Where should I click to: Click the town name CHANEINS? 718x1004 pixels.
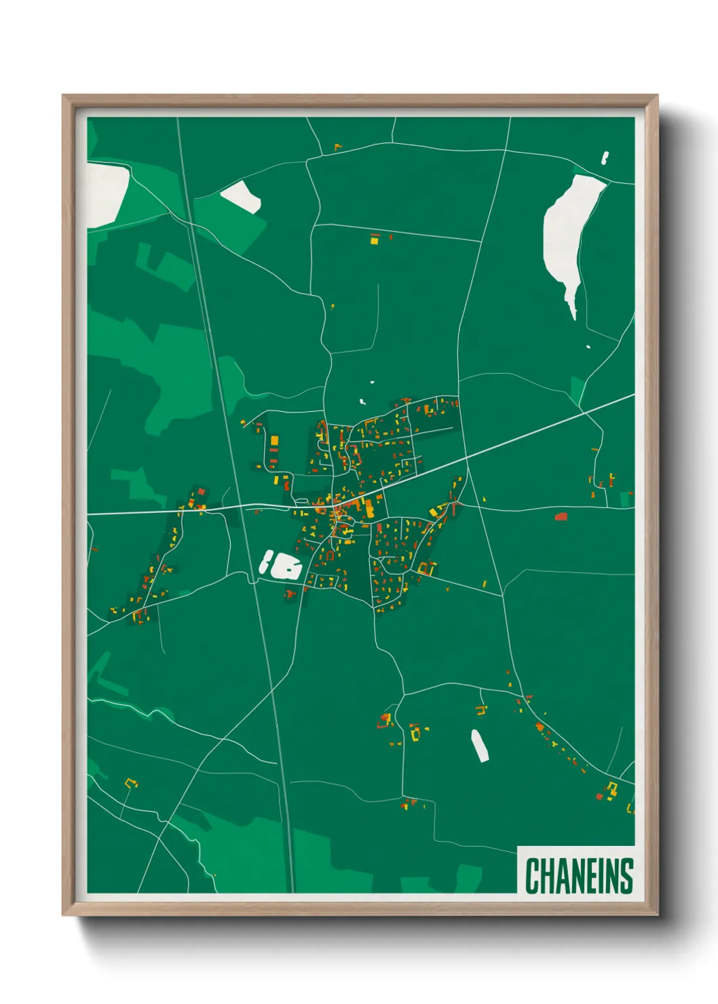579,876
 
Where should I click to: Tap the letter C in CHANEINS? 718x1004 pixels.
531,876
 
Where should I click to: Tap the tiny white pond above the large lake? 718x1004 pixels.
605,157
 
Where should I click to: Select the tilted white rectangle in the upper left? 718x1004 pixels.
241,196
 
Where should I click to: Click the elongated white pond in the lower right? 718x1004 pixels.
480,746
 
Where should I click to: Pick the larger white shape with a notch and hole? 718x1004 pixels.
289,566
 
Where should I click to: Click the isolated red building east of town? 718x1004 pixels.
561,517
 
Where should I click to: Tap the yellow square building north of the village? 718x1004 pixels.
374,239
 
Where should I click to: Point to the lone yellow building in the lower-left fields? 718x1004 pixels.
130,784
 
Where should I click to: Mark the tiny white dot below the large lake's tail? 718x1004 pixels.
588,347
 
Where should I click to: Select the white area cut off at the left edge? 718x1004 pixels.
105,193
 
